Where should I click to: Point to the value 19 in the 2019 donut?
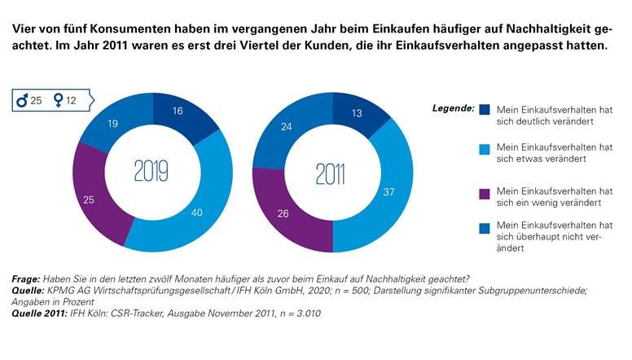coord(114,125)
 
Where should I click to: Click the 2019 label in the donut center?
coord(151,171)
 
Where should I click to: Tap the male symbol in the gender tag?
coord(25,101)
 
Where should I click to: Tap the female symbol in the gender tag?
coord(59,101)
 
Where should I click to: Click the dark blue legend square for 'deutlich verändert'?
coord(485,109)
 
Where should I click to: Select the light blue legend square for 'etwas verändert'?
coord(485,148)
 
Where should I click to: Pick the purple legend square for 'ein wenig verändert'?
coord(485,192)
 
